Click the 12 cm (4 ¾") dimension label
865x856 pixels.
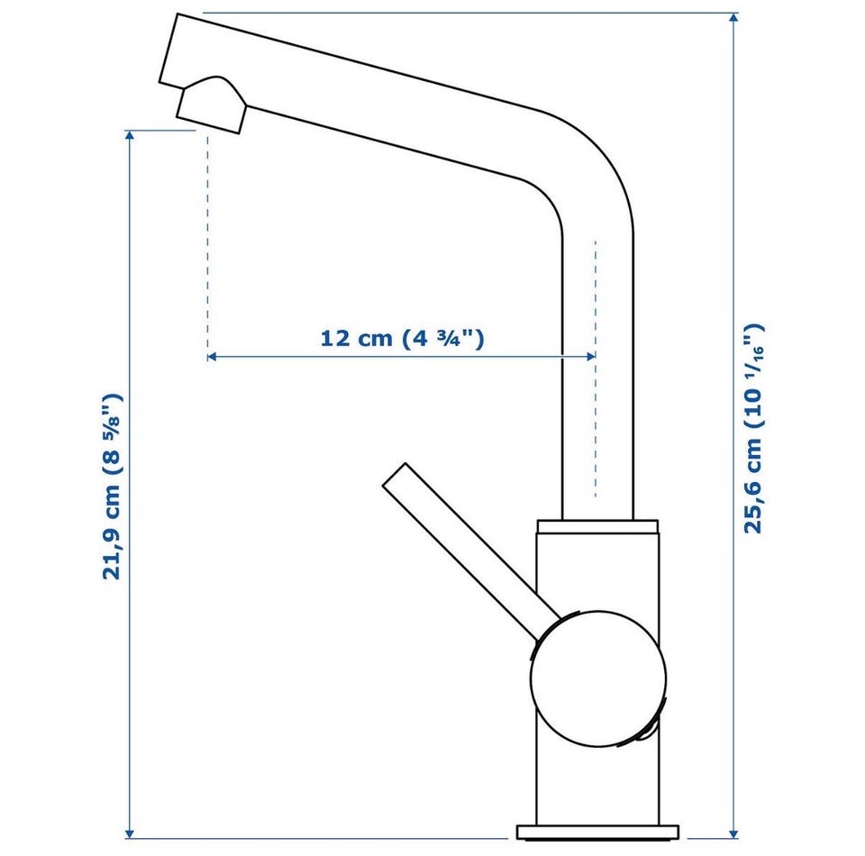402,338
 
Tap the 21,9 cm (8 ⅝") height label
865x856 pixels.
112,487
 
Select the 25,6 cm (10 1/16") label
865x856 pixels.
753,429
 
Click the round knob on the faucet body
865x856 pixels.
598,678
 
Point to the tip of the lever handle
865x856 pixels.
395,474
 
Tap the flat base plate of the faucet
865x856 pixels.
597,832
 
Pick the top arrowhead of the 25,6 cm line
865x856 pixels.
733,18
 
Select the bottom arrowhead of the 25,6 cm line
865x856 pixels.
733,833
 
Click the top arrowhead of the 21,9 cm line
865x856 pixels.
130,136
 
